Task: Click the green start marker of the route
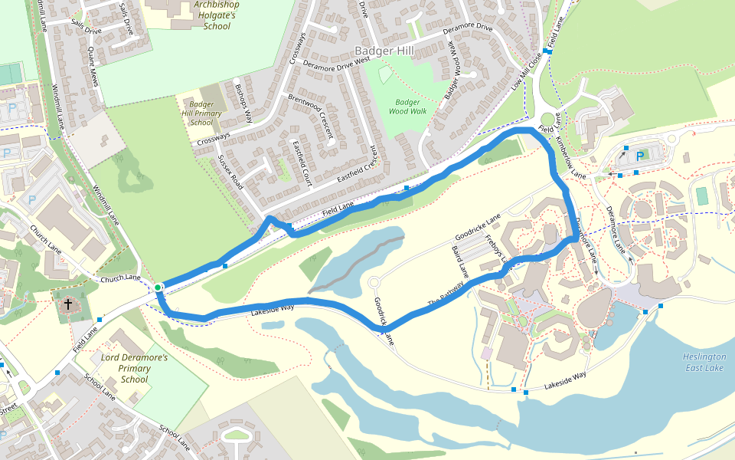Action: [x=158, y=287]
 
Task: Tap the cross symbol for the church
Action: [x=68, y=305]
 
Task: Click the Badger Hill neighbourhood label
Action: [x=384, y=51]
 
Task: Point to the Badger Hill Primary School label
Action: [x=201, y=113]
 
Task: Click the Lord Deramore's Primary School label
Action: [x=134, y=368]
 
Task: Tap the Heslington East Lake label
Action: [x=704, y=363]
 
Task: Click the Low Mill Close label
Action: [x=528, y=68]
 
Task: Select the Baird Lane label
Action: [x=460, y=261]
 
